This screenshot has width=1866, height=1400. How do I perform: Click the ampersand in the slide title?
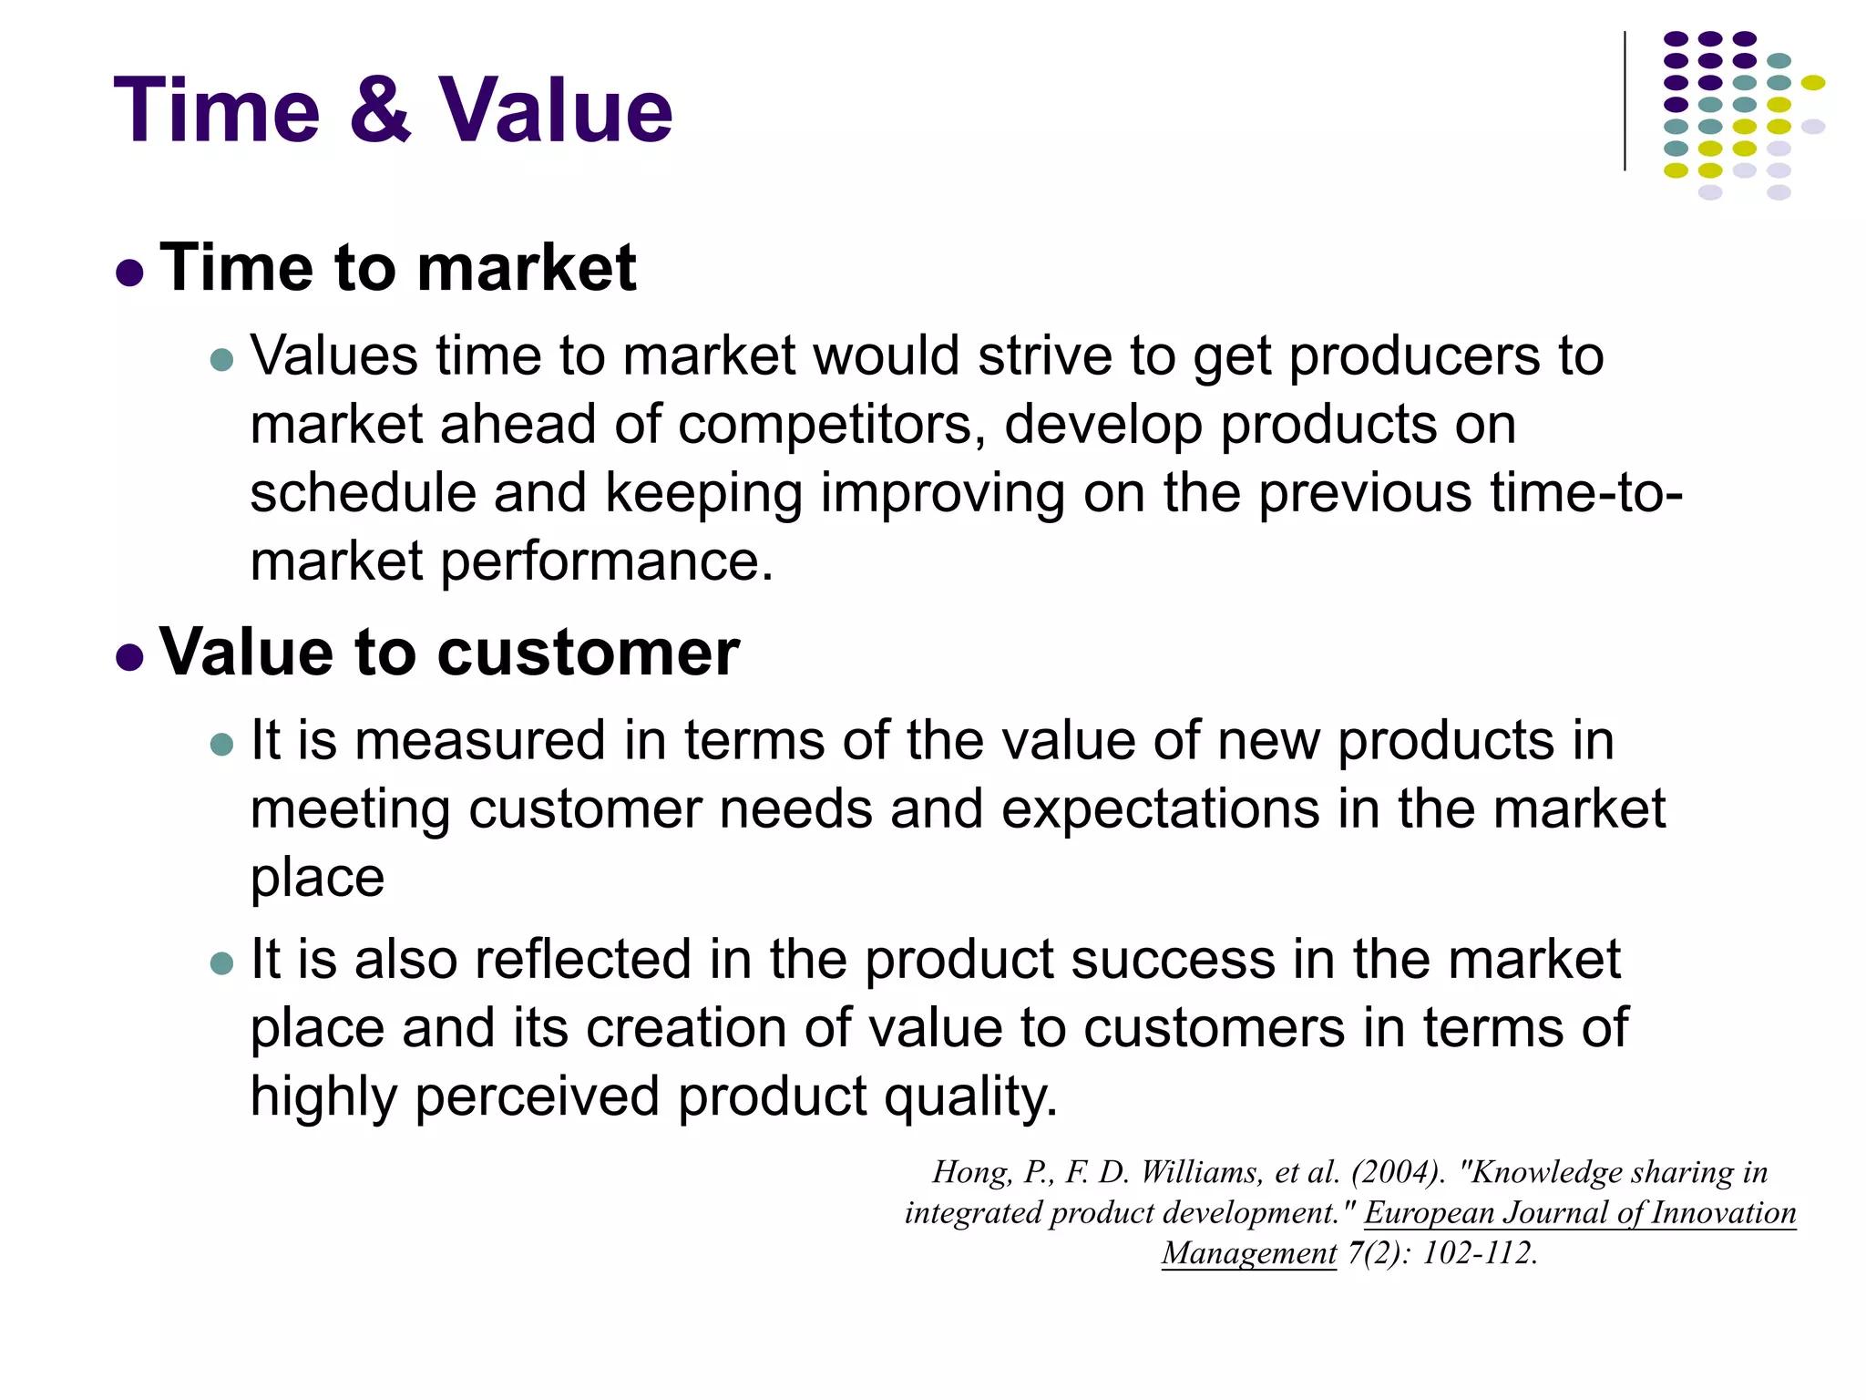(380, 111)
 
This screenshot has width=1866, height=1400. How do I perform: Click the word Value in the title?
(555, 111)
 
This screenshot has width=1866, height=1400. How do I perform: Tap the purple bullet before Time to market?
(130, 273)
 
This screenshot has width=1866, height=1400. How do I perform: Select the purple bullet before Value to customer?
(130, 657)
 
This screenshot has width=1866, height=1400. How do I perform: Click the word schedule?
(363, 493)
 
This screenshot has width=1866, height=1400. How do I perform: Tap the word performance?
(607, 561)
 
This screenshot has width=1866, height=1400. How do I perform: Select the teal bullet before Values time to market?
(221, 360)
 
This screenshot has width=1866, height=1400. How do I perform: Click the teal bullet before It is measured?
(221, 745)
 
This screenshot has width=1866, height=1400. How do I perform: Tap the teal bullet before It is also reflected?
(221, 963)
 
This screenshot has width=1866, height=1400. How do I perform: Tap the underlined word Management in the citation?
(1249, 1253)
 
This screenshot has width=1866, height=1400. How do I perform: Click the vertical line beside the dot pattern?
(1625, 101)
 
